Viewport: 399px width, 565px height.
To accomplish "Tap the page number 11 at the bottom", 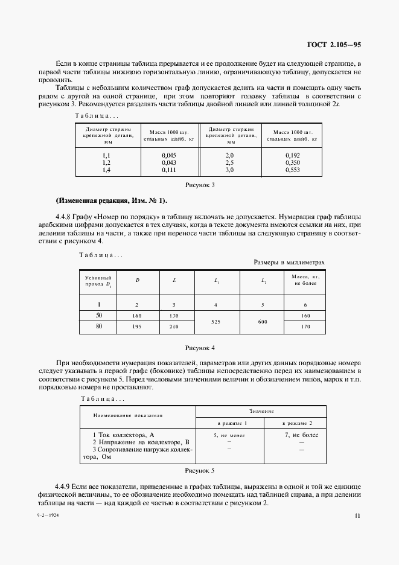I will click(x=359, y=515).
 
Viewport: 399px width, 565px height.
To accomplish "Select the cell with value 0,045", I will click(x=168, y=155).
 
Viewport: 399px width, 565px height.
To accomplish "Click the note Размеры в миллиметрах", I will click(x=289, y=263).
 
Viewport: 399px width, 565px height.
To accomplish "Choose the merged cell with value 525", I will click(x=217, y=322).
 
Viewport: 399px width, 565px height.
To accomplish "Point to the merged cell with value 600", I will click(x=262, y=322).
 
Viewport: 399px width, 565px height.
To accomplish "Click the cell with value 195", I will click(x=137, y=327).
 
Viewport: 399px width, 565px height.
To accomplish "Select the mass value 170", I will click(x=305, y=327).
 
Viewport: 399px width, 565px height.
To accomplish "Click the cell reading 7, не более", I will click(x=301, y=435).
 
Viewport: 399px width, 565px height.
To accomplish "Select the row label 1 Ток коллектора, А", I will click(x=124, y=435).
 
